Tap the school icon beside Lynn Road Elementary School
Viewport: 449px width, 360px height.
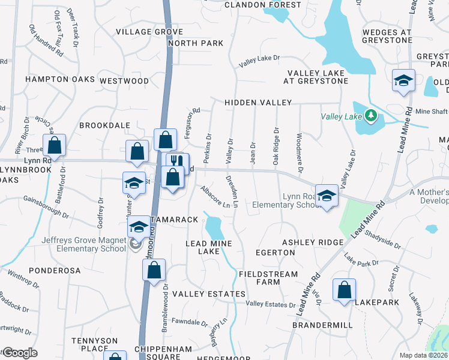(x=327, y=196)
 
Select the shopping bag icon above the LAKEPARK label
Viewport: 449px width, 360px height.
(x=345, y=290)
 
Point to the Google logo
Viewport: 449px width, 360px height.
(x=19, y=353)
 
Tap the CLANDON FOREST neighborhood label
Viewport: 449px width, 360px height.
(x=263, y=5)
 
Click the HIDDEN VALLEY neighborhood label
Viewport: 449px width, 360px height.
(x=258, y=103)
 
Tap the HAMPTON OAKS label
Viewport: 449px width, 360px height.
(x=60, y=79)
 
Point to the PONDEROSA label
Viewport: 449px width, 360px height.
(x=54, y=271)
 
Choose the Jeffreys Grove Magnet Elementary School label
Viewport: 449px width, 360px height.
(x=84, y=244)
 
